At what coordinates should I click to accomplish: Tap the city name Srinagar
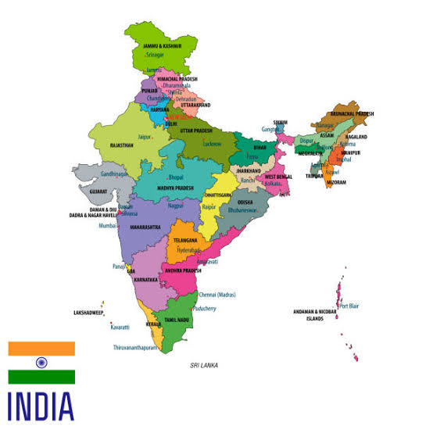[x=155, y=55]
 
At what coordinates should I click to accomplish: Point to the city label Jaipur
[x=144, y=137]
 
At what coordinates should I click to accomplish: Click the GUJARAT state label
[x=98, y=191]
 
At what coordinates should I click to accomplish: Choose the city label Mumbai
[x=108, y=225]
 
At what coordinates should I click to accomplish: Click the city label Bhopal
[x=176, y=177]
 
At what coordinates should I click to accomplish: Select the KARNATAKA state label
[x=145, y=279]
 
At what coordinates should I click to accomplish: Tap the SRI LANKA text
[x=204, y=365]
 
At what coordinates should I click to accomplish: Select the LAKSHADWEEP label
[x=90, y=312]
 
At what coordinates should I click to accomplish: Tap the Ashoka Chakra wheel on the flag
[x=41, y=363]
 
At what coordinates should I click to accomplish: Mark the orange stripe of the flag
[x=41, y=348]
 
